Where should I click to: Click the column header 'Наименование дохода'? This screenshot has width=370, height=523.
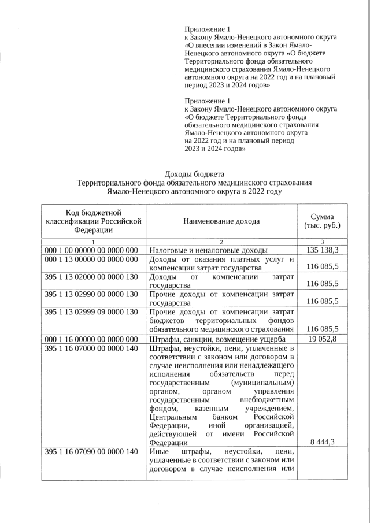click(221, 221)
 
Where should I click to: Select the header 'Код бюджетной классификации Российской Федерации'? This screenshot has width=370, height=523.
click(93, 221)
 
